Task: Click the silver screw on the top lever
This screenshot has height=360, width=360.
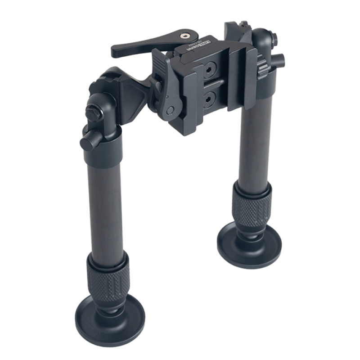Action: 184,35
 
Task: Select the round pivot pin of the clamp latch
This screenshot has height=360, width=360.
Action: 170,111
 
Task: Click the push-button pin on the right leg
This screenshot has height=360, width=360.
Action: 278,59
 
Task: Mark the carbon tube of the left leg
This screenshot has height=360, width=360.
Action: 106,202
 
